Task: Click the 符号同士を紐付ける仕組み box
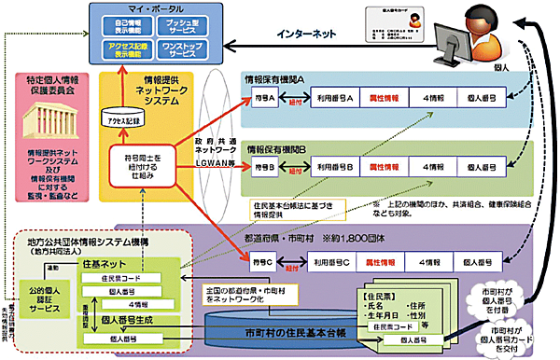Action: click(x=137, y=164)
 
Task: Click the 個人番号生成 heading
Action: click(x=130, y=320)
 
